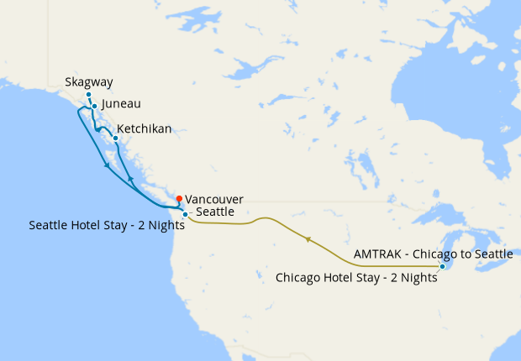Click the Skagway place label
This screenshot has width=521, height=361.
point(88,82)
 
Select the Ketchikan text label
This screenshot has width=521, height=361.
point(145,129)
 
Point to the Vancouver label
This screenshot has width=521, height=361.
point(214,199)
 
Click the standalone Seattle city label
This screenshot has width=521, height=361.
point(214,213)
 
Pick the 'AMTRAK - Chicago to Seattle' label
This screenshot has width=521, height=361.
point(433,253)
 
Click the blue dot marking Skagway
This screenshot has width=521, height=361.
point(88,96)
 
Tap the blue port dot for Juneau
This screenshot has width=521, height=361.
point(94,107)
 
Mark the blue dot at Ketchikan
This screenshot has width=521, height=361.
point(115,138)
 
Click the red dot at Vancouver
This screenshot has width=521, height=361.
point(179,199)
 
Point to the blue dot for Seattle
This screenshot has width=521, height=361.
point(185,215)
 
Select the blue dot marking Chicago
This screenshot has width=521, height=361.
point(443,267)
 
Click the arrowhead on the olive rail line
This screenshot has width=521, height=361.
point(308,239)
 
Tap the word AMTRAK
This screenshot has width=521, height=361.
point(377,253)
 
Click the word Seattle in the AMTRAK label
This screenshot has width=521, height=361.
point(491,253)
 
